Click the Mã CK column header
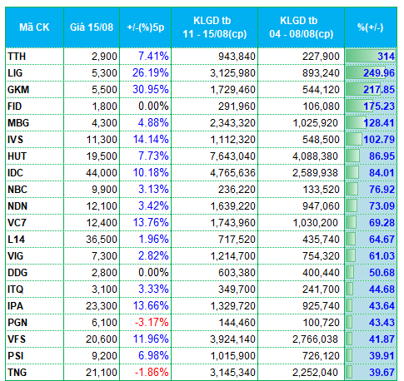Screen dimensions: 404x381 [34, 27]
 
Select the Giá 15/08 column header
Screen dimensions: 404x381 [92, 27]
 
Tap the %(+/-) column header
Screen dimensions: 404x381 [371, 27]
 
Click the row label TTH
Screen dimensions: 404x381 [17, 57]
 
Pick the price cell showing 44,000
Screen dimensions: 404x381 [102, 173]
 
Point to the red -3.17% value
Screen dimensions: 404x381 [152, 323]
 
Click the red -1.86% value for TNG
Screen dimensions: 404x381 [152, 373]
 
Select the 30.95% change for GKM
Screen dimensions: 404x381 [151, 90]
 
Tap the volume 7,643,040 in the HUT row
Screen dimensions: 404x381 [232, 156]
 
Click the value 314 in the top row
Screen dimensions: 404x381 [386, 57]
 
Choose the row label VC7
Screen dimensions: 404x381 [17, 223]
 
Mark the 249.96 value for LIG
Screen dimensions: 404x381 [379, 73]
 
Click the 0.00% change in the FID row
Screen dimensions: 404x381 [153, 106]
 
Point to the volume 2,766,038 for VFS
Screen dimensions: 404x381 [315, 339]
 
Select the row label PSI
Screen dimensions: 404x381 [16, 356]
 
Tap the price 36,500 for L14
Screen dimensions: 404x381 [102, 240]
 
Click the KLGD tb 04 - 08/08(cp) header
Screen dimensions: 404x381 [301, 27]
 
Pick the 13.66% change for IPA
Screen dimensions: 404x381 [151, 306]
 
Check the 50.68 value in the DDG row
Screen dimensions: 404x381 [382, 273]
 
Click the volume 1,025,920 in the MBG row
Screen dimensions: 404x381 [315, 123]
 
